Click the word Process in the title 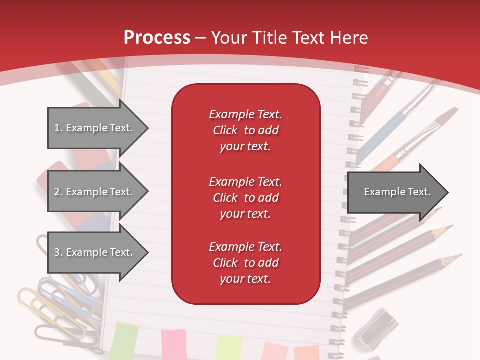pos(157,37)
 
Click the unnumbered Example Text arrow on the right pos(397,192)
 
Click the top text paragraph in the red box pos(245,130)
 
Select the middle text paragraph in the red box pos(245,198)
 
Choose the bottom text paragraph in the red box pos(245,263)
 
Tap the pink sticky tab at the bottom pos(173,345)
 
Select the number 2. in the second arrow pos(58,192)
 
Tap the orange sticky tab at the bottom pos(306,352)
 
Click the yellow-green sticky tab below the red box pos(229,347)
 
